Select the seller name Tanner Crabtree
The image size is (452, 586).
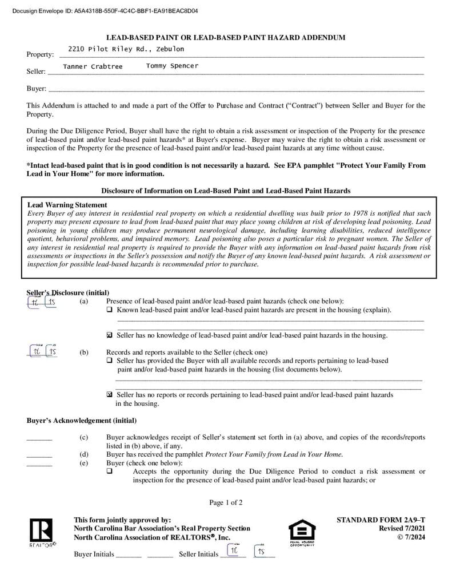(x=93, y=67)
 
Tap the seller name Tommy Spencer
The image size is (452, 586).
(x=172, y=66)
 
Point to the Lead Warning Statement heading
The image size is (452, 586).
(x=67, y=205)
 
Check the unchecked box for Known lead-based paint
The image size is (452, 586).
(x=110, y=310)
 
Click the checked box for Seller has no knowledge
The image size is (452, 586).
(x=110, y=335)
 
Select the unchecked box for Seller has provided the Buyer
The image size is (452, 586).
(x=110, y=361)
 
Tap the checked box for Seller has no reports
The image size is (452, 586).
(x=110, y=395)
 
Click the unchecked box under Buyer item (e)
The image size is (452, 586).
(x=110, y=472)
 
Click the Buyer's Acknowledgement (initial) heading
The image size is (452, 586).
(x=82, y=421)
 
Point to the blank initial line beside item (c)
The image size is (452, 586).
(x=39, y=438)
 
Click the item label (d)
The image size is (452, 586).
(x=84, y=455)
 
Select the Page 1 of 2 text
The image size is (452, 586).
(x=226, y=503)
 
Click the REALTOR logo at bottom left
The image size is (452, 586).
(x=42, y=533)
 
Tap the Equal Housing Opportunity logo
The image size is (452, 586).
(x=302, y=533)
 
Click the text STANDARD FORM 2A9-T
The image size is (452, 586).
(x=381, y=520)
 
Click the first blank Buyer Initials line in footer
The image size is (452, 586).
(x=129, y=555)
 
